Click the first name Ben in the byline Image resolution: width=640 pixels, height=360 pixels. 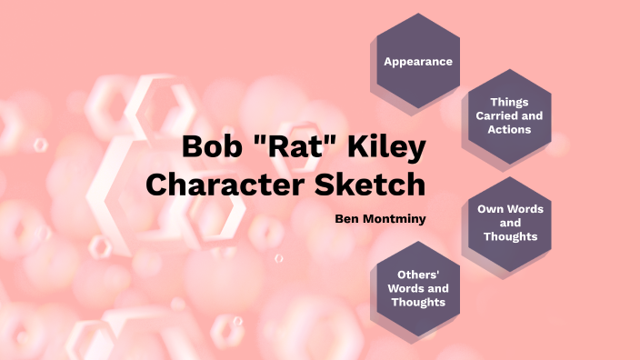[347, 218]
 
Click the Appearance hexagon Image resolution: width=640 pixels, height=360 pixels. [418, 61]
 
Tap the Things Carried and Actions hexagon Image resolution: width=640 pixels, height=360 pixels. [509, 116]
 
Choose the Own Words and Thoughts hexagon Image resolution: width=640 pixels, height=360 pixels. [510, 222]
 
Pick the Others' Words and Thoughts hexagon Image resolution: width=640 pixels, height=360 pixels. [419, 287]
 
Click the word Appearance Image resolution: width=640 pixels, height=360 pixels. [418, 62]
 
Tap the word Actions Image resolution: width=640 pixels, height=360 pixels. [509, 130]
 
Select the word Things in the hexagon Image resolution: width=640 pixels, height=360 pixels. [509, 103]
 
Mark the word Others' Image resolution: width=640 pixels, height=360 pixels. [419, 275]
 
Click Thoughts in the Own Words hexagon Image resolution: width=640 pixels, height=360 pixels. [510, 236]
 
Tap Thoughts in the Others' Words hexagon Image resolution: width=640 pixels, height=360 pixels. [419, 302]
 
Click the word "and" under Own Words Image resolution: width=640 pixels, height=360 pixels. [510, 223]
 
